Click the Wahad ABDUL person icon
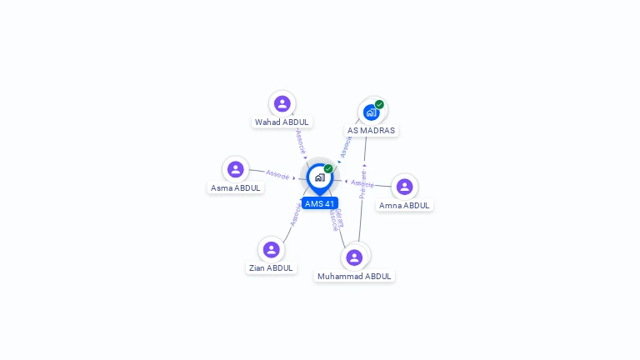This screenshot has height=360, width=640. (282, 103)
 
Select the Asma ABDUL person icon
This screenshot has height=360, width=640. (236, 169)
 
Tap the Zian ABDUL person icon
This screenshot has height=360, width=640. (271, 249)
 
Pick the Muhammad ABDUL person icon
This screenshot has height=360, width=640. (354, 257)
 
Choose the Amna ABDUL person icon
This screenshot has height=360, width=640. (404, 187)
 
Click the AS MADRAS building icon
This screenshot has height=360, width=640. (371, 112)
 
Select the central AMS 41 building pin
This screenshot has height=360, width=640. (319, 177)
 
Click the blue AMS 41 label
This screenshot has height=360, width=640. (319, 203)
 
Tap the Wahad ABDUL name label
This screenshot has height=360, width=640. (282, 122)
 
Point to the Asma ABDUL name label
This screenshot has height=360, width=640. (236, 187)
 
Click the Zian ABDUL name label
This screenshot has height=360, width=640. (271, 267)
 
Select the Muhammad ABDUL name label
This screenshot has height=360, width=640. (354, 276)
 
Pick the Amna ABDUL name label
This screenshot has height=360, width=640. (404, 205)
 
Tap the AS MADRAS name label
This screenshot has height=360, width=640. (371, 130)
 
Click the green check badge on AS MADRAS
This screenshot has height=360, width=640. (379, 105)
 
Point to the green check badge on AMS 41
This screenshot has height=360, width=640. (328, 168)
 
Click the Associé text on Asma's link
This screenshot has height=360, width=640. (277, 175)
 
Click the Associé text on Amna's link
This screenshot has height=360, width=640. (362, 182)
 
